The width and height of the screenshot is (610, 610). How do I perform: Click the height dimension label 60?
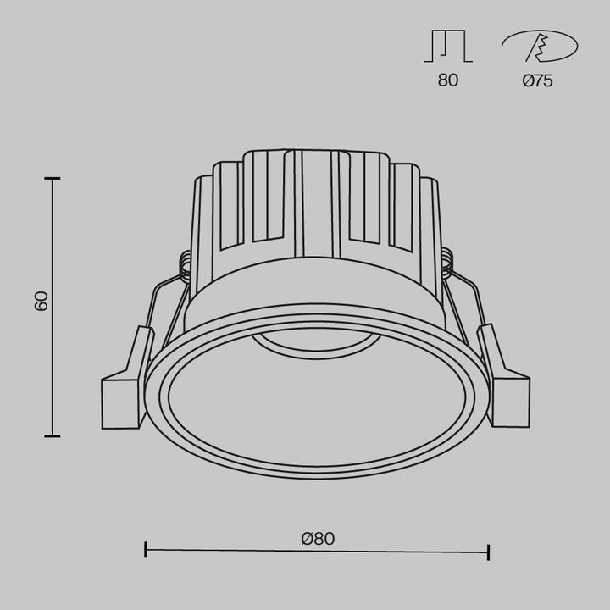(x=41, y=301)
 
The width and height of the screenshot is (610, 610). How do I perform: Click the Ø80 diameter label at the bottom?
(x=317, y=537)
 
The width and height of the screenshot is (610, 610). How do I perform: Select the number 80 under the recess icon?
(x=448, y=81)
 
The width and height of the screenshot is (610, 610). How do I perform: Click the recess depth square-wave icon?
(x=448, y=47)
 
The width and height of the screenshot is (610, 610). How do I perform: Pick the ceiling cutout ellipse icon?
(x=539, y=47)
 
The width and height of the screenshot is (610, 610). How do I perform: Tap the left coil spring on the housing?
(x=183, y=268)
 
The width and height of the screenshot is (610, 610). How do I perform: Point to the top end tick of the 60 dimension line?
(x=53, y=179)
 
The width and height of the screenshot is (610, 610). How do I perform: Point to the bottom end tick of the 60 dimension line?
(x=53, y=435)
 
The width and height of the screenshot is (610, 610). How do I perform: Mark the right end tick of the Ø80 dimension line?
(x=488, y=552)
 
